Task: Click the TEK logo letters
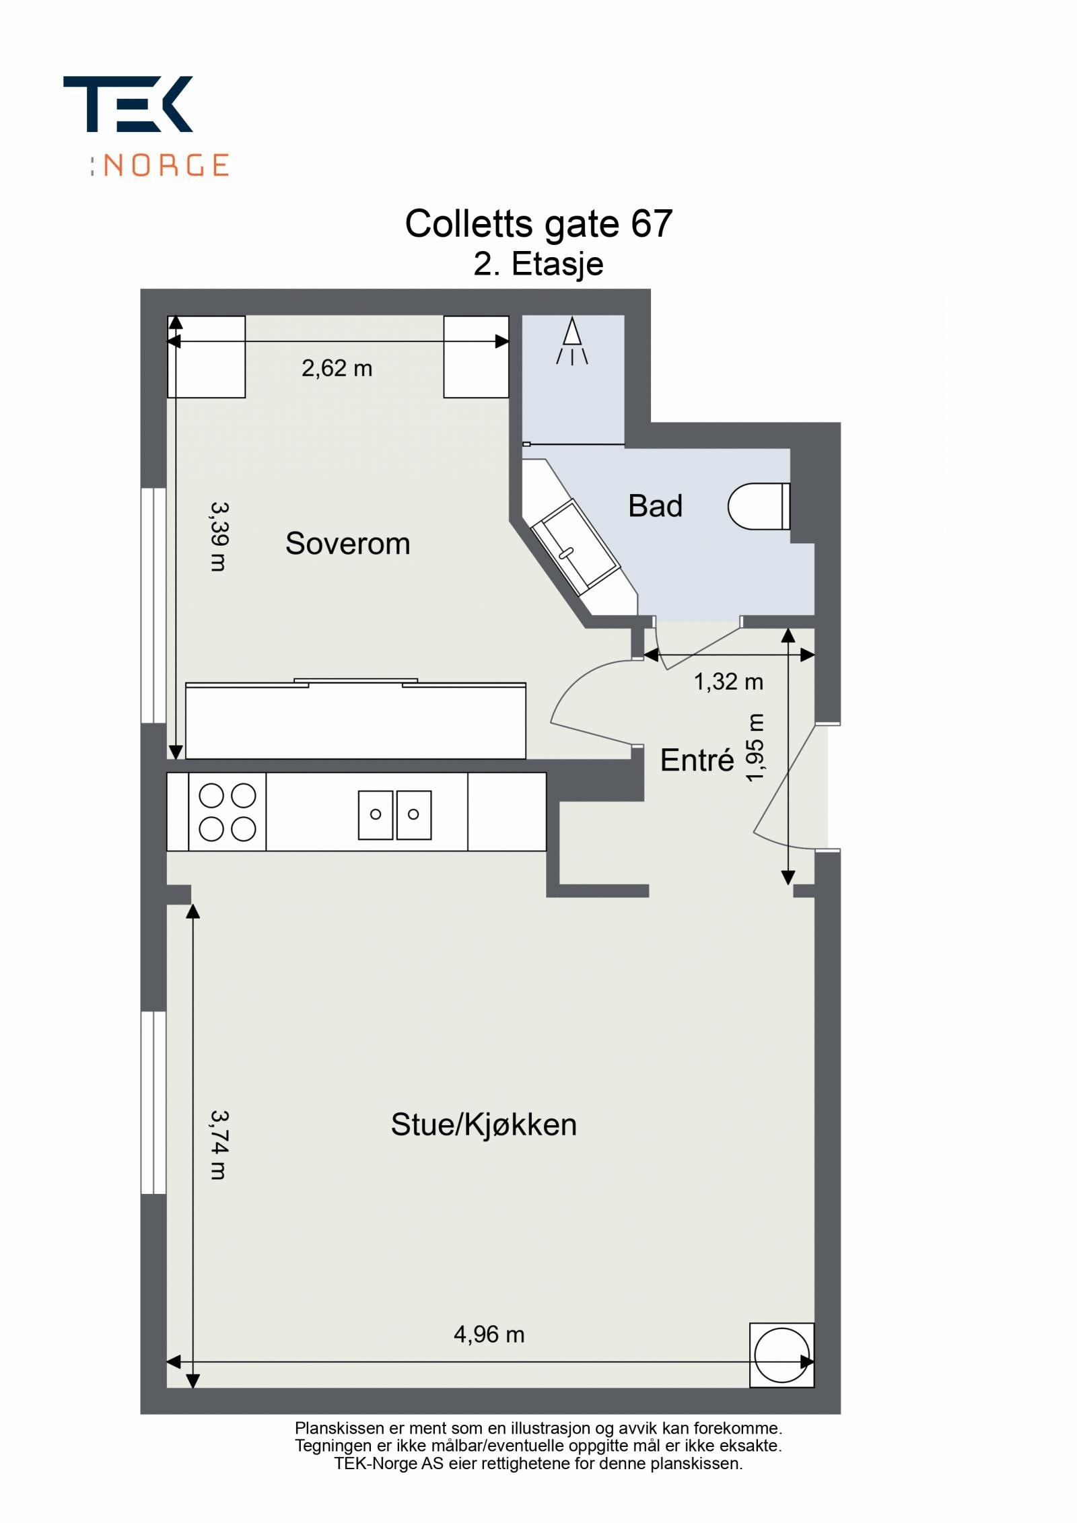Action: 128,104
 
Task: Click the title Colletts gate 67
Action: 538,223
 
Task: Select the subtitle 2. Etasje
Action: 538,264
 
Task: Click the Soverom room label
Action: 347,543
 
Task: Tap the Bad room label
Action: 655,505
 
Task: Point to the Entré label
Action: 697,760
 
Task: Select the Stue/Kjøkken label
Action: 483,1125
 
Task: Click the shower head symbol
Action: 572,340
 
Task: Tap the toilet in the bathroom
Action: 757,506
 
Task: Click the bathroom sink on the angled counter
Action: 576,549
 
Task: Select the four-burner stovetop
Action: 227,812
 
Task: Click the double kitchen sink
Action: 394,814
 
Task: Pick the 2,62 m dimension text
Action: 337,368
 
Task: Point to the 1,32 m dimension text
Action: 728,682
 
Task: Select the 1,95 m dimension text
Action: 756,747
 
